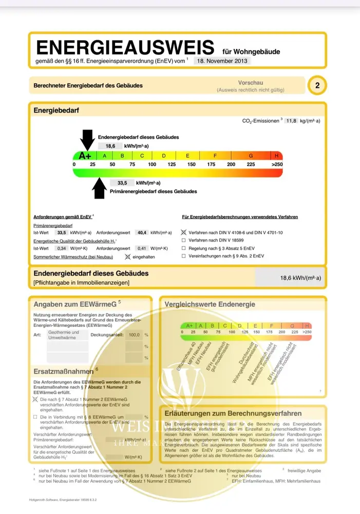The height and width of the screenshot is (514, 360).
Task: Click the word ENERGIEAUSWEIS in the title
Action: [x=125, y=47]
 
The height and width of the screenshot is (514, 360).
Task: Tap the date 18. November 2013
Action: [x=223, y=61]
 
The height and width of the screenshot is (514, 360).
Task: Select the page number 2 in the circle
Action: [x=317, y=86]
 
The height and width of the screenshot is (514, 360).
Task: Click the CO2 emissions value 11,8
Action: [x=291, y=121]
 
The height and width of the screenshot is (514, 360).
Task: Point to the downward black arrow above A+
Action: [x=87, y=139]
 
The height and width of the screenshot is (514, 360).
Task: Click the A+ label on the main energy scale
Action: [x=85, y=156]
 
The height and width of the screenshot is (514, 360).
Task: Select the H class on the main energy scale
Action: [x=277, y=156]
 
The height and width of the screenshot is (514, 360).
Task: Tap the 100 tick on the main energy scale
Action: [x=152, y=164]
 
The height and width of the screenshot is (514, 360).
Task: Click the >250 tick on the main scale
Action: [x=277, y=164]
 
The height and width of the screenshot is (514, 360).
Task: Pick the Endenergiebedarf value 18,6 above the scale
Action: [x=110, y=146]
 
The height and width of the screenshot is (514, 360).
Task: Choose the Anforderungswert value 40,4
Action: [x=141, y=232]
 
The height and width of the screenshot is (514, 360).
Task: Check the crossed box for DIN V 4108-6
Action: [x=184, y=233]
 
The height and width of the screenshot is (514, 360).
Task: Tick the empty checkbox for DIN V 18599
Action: [x=184, y=241]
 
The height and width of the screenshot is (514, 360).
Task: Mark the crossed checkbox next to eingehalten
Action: [x=128, y=256]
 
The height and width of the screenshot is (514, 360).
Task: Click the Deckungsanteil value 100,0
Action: [x=134, y=335]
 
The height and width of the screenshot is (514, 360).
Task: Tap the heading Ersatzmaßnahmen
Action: [x=63, y=371]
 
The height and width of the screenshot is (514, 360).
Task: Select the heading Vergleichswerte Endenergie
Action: [x=210, y=304]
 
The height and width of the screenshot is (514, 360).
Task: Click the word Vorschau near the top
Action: [x=251, y=83]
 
